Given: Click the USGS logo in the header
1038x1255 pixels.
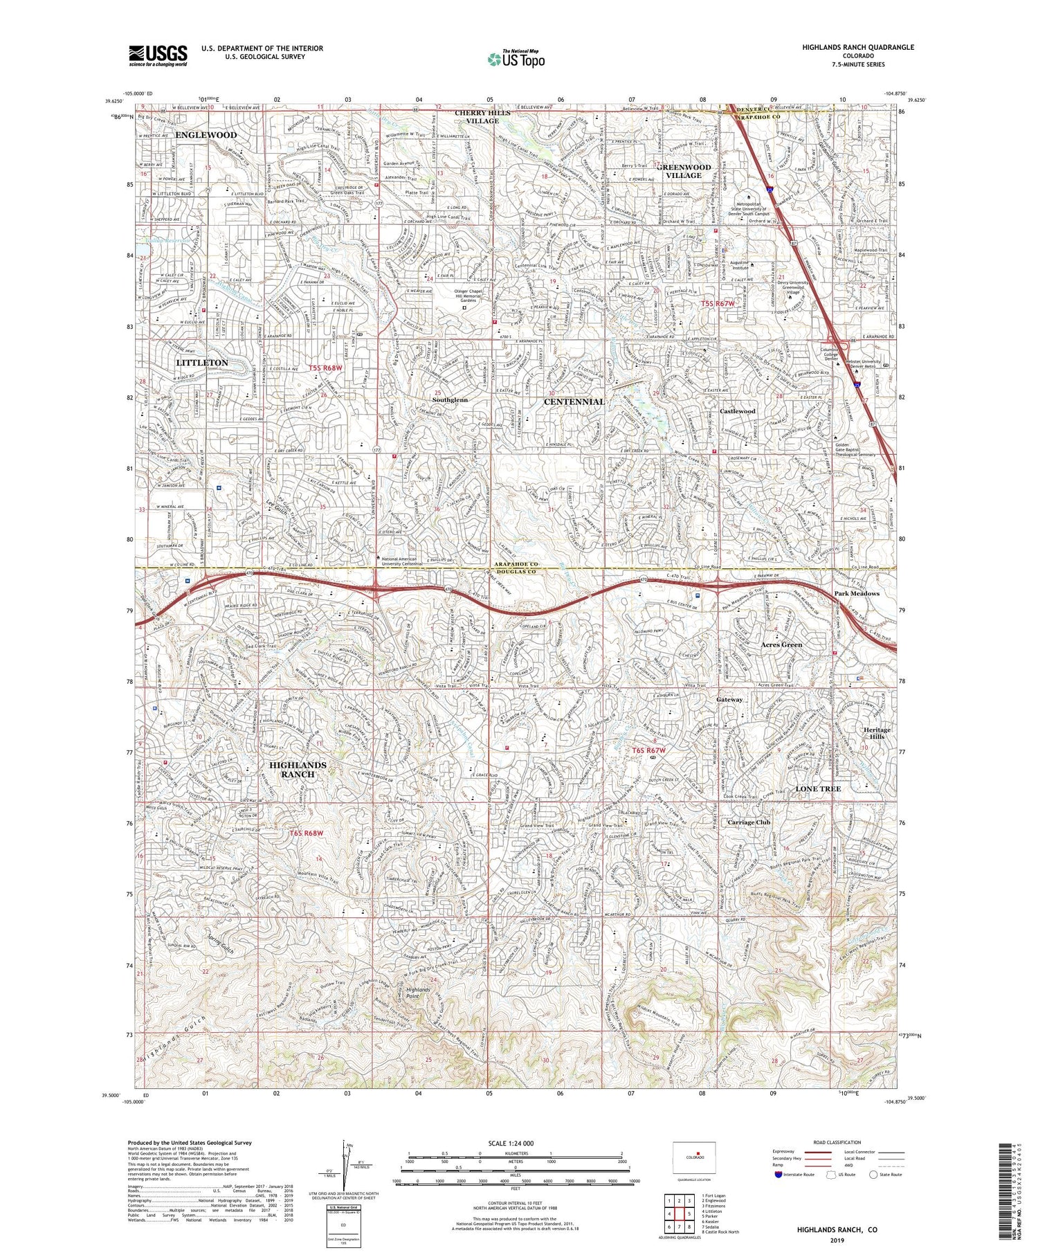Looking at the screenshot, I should click(158, 55).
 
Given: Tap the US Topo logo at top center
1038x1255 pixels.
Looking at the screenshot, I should click(516, 60).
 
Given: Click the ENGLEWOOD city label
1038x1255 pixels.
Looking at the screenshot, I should click(206, 135).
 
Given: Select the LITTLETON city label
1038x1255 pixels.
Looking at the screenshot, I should click(201, 362).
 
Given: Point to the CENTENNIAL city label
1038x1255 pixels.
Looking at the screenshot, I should click(574, 401).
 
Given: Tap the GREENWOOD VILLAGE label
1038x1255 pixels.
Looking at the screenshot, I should click(684, 171).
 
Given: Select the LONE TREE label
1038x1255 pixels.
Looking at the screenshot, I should click(817, 788).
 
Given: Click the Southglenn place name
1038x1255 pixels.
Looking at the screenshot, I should click(450, 400).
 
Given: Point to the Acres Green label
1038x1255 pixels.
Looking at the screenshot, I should click(781, 644).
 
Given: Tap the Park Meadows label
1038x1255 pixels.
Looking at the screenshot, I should click(856, 593).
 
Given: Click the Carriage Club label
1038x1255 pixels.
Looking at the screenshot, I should click(749, 822).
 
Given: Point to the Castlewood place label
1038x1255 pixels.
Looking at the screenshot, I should click(737, 411).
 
